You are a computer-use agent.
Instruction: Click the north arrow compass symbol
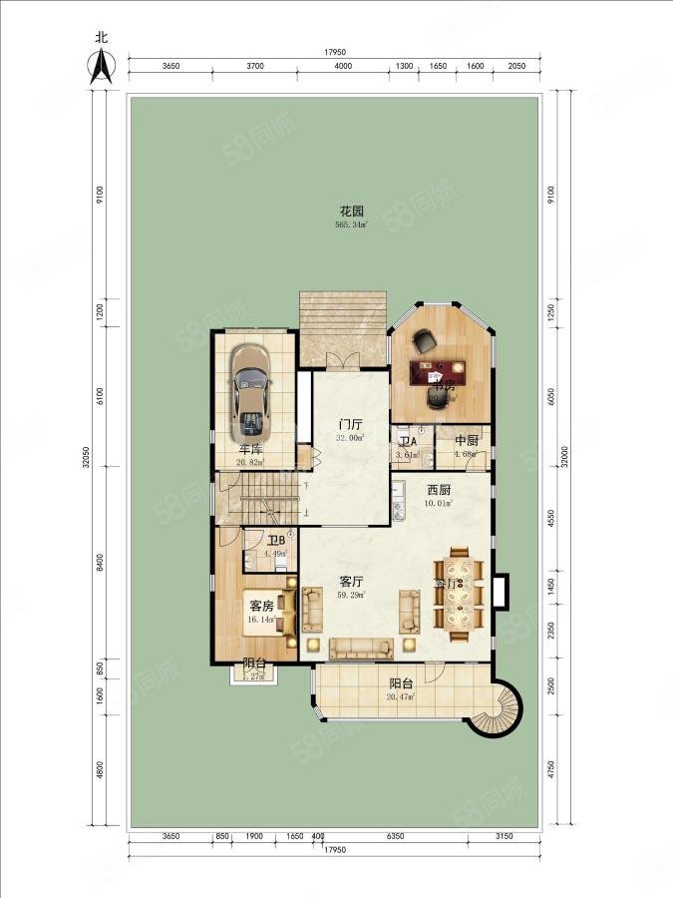100,62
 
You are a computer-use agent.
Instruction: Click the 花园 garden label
350,212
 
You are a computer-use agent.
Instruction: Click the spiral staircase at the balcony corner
496,710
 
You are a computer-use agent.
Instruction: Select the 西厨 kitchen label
440,490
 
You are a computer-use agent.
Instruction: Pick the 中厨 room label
467,441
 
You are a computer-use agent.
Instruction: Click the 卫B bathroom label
276,541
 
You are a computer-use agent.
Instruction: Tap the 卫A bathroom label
407,442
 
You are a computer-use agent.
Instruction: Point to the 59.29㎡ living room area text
350,595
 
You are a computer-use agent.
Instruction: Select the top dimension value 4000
343,65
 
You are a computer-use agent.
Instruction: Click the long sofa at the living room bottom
361,650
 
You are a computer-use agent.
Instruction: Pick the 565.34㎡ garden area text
350,224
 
